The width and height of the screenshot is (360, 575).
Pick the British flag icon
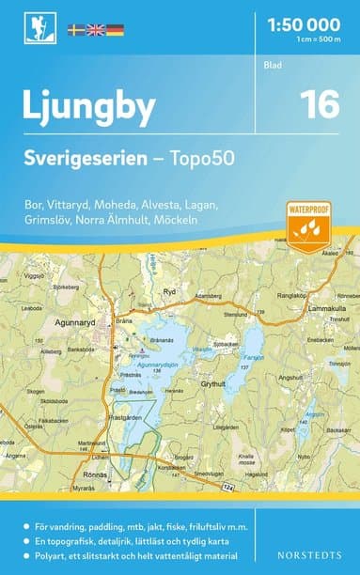[96, 30]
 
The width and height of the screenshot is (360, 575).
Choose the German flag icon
[115, 30]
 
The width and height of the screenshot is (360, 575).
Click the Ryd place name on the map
[170, 292]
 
